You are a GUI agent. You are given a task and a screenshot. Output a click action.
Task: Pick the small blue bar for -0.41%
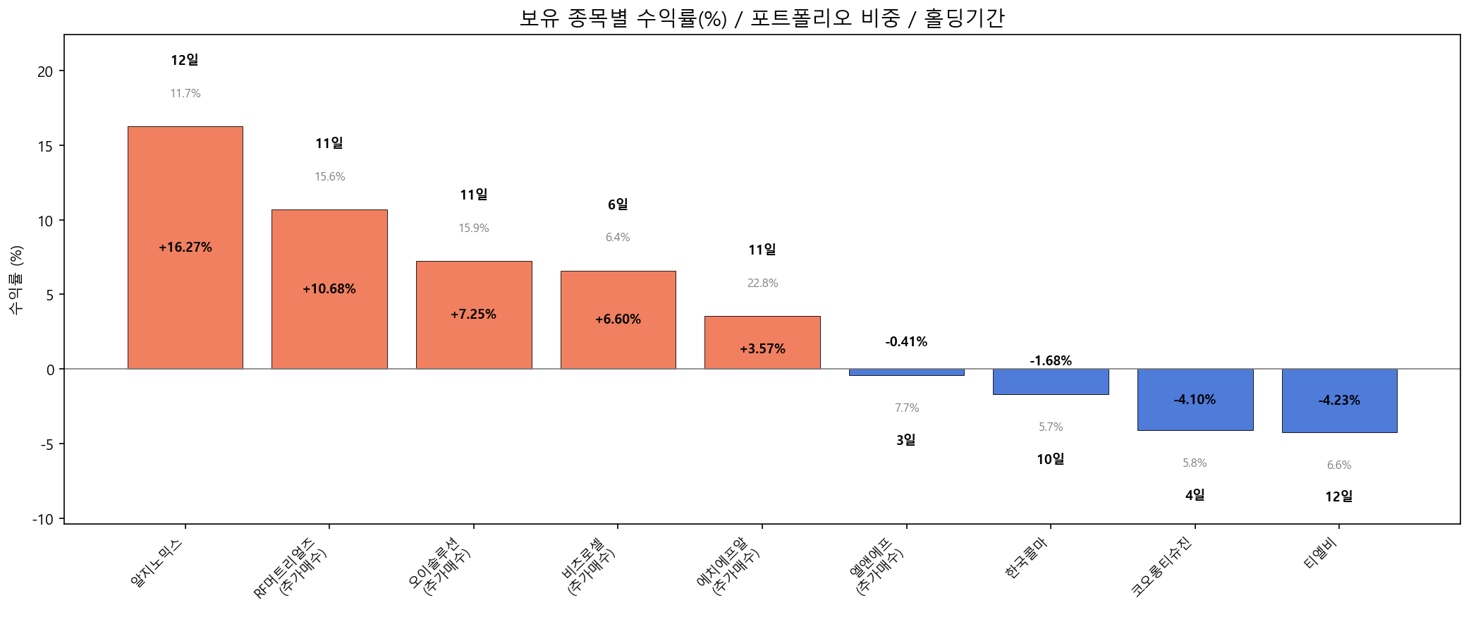click(x=906, y=372)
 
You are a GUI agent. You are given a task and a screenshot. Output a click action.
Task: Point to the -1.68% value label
click(x=1051, y=361)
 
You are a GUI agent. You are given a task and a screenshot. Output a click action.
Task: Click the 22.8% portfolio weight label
click(x=762, y=283)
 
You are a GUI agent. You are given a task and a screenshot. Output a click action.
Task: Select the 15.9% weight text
click(x=474, y=228)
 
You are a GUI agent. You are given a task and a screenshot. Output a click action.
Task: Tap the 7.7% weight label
click(x=906, y=408)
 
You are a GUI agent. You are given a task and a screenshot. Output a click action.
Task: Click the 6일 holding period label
click(x=618, y=205)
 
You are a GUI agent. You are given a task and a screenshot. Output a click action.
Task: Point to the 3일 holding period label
click(x=906, y=440)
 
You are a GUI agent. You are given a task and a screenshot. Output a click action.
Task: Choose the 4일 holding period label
click(x=1195, y=495)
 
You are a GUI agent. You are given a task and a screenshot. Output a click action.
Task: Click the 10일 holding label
click(x=1051, y=459)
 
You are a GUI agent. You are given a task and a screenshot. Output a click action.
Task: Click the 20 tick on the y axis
click(x=45, y=71)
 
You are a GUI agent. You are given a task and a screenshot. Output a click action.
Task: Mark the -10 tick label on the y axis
click(x=42, y=520)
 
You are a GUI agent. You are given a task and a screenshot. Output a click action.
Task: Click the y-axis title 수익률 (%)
click(x=16, y=280)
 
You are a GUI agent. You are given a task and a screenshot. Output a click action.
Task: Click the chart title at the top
click(x=762, y=18)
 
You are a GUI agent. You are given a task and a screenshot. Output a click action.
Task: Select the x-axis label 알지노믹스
click(x=157, y=563)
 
